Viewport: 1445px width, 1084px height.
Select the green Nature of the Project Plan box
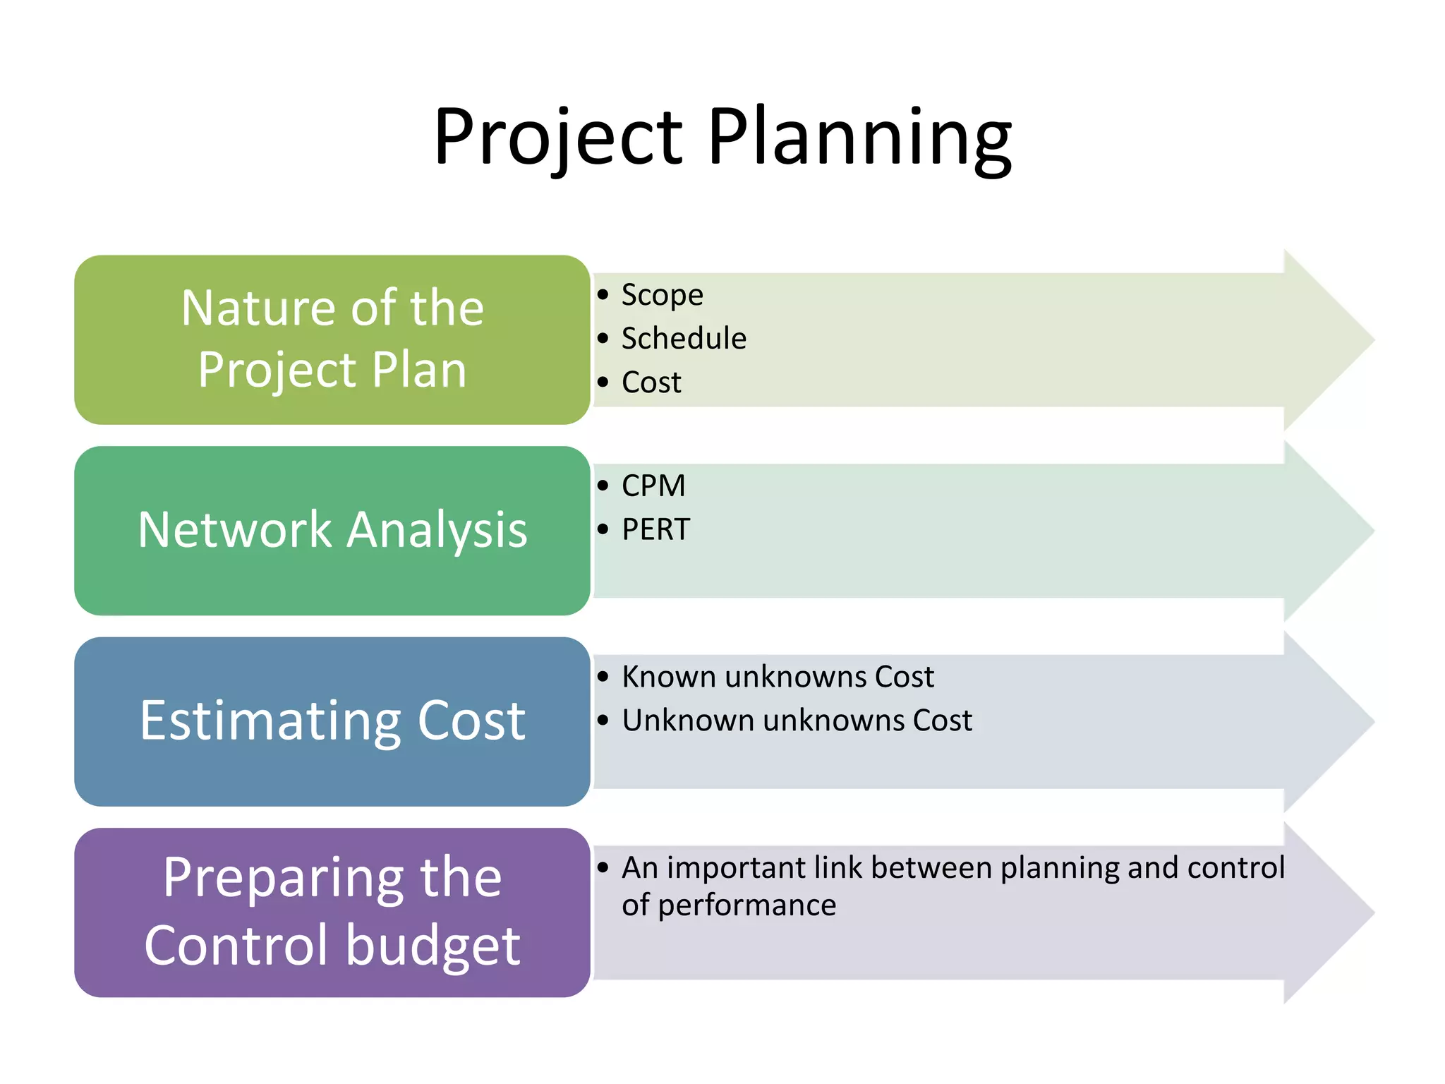tap(332, 339)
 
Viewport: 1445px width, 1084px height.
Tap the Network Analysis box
tap(332, 530)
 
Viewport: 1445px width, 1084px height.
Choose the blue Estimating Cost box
tap(332, 721)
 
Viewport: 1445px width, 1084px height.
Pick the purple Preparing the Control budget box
tap(332, 912)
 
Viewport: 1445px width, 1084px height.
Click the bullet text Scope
tap(662, 295)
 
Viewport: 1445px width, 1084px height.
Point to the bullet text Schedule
tap(683, 339)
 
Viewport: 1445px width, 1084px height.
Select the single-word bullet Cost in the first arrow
tap(651, 383)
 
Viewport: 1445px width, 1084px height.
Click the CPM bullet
tap(653, 486)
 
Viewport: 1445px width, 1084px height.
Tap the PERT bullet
tap(655, 529)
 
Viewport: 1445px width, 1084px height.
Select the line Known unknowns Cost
tap(778, 677)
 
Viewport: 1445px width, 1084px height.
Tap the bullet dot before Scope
tap(603, 294)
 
